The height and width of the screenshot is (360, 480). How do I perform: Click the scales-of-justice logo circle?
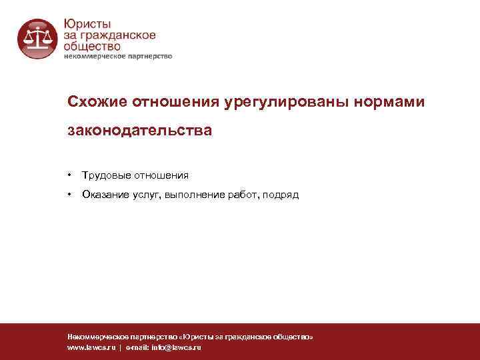pos(37,39)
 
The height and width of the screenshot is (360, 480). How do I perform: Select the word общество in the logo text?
pos(92,46)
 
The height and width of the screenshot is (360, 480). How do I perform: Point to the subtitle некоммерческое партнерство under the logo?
pos(118,57)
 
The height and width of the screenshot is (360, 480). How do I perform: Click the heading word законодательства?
pos(140,131)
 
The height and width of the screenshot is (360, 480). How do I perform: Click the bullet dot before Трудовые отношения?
pos(69,175)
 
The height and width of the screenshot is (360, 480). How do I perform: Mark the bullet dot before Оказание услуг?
pos(69,195)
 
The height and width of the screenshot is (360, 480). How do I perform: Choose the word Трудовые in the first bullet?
pos(104,175)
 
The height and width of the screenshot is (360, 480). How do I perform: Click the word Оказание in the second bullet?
pos(103,195)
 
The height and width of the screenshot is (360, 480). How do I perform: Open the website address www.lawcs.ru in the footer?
pos(91,348)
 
